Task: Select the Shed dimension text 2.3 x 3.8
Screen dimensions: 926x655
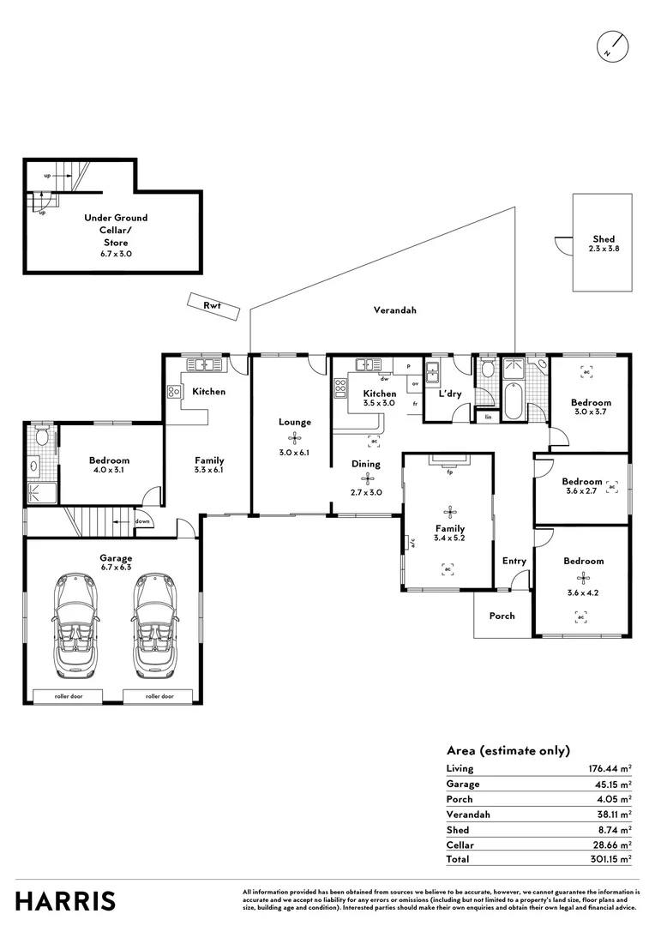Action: pos(604,249)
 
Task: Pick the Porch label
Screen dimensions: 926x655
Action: pos(502,616)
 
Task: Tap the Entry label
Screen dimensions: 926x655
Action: pos(514,561)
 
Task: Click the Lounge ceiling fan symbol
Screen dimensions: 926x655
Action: pos(294,436)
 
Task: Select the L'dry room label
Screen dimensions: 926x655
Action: pos(450,394)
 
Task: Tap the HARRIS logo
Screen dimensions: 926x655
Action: pos(66,900)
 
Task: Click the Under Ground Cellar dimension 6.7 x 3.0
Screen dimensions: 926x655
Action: pos(117,254)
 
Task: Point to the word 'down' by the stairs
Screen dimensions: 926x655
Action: pos(141,520)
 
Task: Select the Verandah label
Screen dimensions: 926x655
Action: pos(394,310)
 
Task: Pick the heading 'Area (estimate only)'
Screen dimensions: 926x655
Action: pos(508,750)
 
